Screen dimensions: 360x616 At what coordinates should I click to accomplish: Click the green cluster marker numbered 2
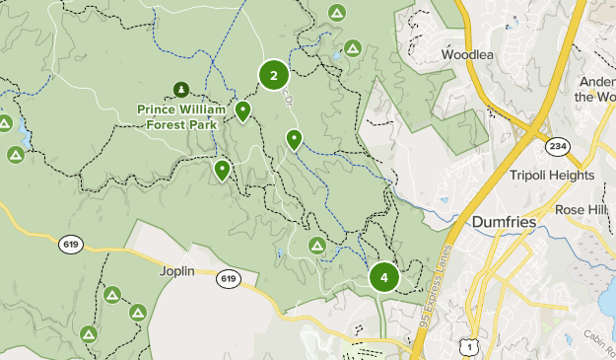click(x=273, y=74)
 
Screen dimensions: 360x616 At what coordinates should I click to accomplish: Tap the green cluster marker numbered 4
click(x=383, y=277)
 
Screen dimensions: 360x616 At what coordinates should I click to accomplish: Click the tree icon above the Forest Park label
click(x=181, y=91)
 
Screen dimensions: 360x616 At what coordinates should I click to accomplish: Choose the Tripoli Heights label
click(x=552, y=175)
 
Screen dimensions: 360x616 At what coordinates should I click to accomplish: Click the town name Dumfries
click(x=505, y=223)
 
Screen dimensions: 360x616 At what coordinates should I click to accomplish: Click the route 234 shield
click(x=556, y=146)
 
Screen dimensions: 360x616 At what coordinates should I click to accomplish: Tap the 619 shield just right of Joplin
click(x=229, y=279)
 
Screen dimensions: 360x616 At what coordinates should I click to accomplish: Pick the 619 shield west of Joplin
click(x=70, y=244)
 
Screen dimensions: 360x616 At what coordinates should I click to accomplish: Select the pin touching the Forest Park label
click(x=242, y=111)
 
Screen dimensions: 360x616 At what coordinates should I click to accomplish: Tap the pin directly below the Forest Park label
click(x=223, y=171)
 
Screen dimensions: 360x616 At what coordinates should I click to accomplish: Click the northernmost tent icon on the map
click(x=337, y=13)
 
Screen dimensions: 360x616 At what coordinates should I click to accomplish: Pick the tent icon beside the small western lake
click(x=15, y=155)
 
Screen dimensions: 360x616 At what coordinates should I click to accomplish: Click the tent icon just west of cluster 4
click(x=317, y=245)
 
